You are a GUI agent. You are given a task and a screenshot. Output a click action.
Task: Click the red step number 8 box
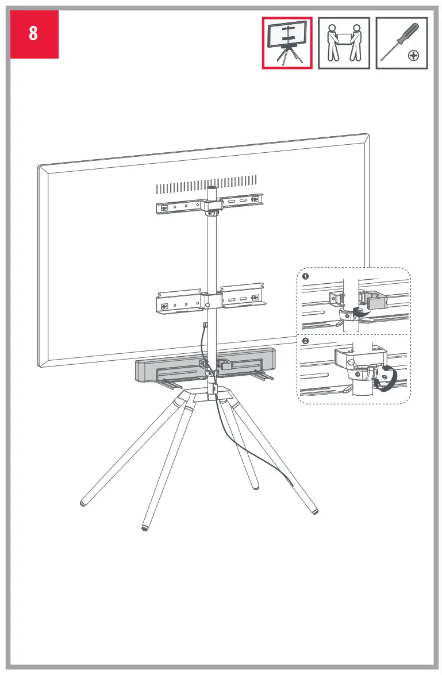34,34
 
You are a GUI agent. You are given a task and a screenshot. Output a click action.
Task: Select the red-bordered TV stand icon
287,43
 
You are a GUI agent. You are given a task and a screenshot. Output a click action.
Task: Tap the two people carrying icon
344,43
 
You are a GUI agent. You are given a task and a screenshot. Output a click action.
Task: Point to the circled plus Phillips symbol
413,56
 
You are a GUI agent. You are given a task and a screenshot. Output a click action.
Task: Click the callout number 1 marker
305,276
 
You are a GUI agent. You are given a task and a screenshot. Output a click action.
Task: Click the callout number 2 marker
305,341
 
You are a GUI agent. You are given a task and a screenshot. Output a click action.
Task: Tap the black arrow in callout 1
361,312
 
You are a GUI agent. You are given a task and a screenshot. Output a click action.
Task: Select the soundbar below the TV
172,368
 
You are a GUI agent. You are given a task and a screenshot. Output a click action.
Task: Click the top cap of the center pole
212,188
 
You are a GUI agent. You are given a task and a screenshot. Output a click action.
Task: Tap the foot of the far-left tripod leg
83,503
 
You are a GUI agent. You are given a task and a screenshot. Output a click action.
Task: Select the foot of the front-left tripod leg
145,526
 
